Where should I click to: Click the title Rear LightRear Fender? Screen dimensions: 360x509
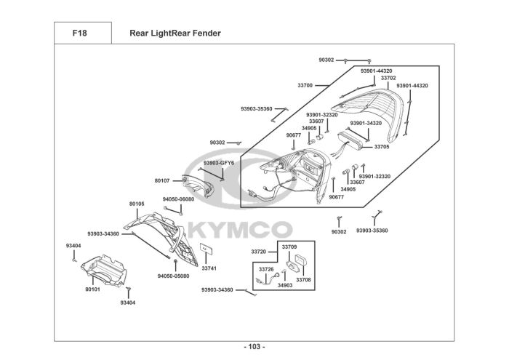point(175,33)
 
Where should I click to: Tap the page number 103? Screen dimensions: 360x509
point(254,346)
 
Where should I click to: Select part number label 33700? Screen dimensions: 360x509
point(305,86)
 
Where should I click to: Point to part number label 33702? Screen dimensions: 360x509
point(388,78)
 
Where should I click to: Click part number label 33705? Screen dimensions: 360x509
point(382,147)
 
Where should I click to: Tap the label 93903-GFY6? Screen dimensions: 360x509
point(218,163)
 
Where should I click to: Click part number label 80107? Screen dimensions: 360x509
point(162,180)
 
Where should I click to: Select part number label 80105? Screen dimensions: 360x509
point(137,204)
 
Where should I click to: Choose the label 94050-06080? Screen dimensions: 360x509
point(178,199)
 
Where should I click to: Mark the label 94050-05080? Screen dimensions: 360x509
point(173,276)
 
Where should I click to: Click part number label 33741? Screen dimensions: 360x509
point(209,268)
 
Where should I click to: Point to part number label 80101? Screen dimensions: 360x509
point(92,289)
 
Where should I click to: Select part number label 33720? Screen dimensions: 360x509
point(259,251)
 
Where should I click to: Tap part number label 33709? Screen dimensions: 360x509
point(289,247)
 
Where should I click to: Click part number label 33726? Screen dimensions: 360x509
point(267,269)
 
